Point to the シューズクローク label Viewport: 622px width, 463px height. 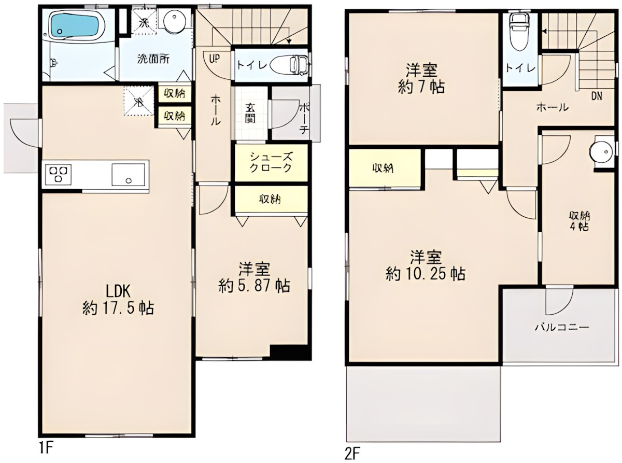coord(271,162)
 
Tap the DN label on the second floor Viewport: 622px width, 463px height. coord(597,96)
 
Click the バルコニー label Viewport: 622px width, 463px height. coord(562,328)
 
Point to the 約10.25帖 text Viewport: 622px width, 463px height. coord(425,273)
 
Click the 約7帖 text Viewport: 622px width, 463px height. coord(421,87)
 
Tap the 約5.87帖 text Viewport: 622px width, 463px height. coord(254,285)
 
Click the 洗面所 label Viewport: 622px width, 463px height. coord(153,59)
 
